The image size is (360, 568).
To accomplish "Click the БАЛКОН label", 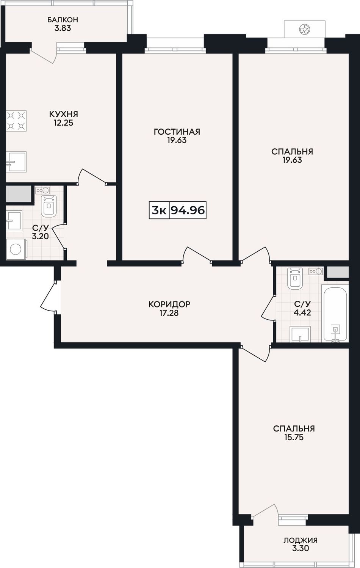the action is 63,20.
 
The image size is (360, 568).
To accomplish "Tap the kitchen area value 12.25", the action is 63,123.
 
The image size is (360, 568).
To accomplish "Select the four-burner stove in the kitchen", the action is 16,121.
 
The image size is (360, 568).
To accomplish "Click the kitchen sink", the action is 16,162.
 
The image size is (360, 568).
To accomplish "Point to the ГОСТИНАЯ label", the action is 177,132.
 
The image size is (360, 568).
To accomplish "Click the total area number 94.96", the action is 188,210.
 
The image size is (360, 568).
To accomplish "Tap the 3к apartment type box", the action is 159,210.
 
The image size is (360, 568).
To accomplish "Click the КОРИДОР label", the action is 169,304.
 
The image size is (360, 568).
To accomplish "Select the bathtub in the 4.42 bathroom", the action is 335,314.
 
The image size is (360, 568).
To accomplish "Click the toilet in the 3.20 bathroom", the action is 49,206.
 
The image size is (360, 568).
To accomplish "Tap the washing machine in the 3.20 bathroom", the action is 16,249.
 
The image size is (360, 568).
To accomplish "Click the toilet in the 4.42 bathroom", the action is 295,278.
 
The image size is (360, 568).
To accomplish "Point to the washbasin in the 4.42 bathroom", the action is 300,334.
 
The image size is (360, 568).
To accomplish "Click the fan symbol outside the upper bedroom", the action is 304,30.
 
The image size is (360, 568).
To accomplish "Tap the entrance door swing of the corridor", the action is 48,295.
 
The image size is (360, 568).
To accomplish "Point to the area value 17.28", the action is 169,313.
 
